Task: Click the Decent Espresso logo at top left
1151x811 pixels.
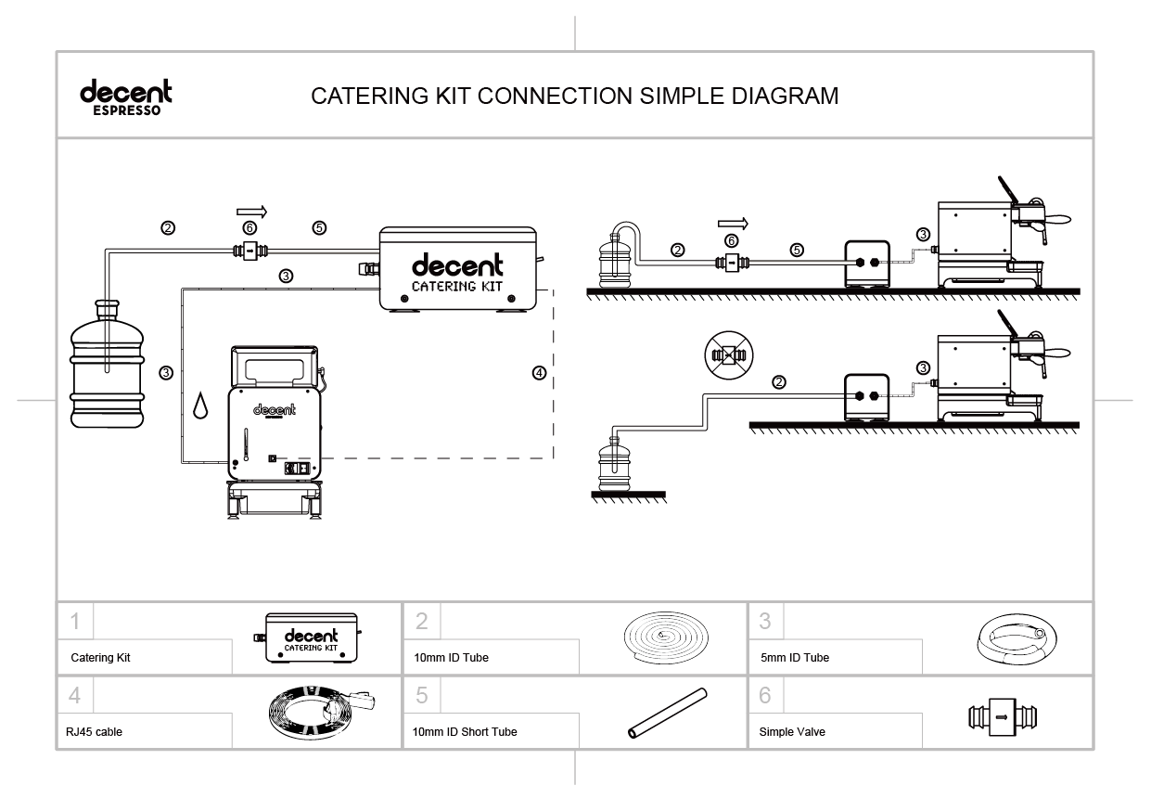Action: (126, 97)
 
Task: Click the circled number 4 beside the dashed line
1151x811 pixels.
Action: (540, 373)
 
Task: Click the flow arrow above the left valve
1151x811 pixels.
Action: (250, 211)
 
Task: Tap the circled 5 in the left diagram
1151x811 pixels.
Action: (319, 228)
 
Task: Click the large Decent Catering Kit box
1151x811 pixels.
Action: (458, 268)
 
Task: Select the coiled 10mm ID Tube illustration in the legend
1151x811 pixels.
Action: (666, 638)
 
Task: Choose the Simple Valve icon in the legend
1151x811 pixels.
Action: (1002, 716)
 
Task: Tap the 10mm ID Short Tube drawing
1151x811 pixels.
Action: (666, 714)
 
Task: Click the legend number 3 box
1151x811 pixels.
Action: (765, 619)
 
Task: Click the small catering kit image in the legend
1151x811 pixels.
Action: (310, 637)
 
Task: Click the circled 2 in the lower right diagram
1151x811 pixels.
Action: (779, 381)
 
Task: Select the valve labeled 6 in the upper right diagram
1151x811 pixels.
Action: (732, 264)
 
